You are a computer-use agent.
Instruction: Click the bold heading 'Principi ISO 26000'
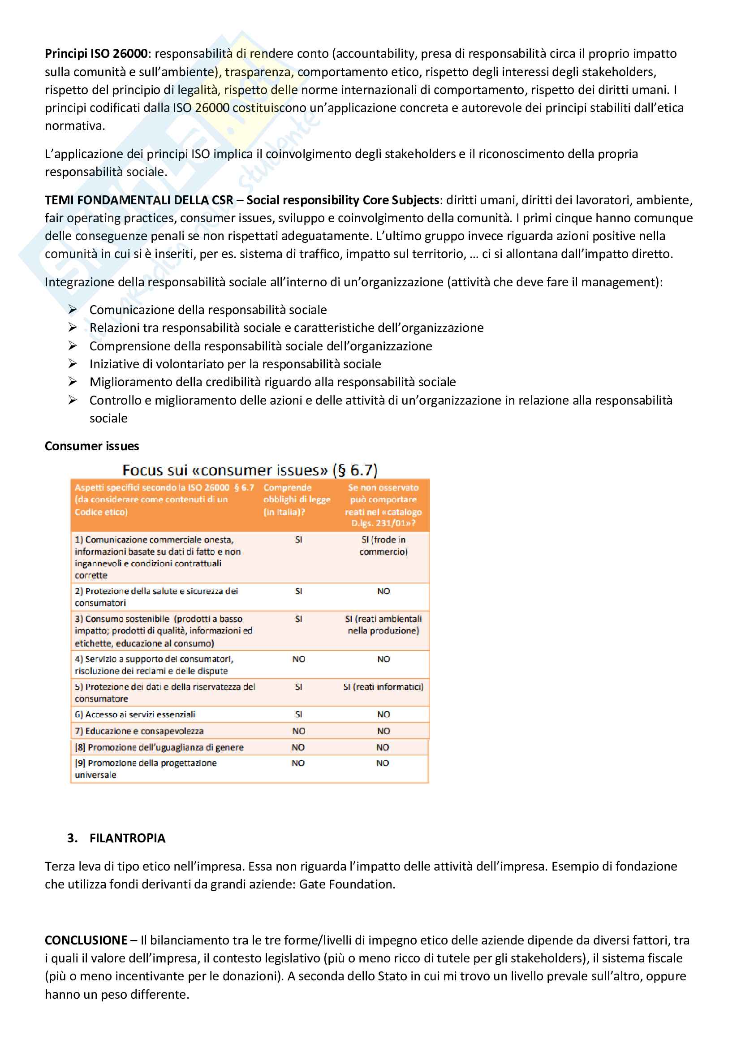(96, 54)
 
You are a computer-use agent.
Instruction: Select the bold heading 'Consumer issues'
(92, 446)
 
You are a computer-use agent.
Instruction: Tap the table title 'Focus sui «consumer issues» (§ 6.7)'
(250, 470)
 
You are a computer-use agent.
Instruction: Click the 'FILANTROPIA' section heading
(127, 838)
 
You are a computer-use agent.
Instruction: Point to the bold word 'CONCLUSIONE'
(86, 940)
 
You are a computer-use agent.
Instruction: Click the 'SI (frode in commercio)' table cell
(383, 545)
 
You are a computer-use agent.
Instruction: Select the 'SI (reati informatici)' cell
(383, 686)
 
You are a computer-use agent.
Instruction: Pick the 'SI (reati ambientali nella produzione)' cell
(383, 625)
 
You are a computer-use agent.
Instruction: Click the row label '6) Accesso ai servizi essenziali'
(135, 714)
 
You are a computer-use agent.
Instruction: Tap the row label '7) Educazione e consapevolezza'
(139, 731)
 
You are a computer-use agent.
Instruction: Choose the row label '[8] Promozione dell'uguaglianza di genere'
(159, 747)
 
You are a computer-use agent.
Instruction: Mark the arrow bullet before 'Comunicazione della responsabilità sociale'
(73, 310)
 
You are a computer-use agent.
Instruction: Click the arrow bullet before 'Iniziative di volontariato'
(73, 364)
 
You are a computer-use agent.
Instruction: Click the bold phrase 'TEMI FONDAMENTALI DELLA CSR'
(139, 200)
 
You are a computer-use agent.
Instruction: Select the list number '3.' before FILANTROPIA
(72, 838)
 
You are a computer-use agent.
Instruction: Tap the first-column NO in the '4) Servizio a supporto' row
(298, 659)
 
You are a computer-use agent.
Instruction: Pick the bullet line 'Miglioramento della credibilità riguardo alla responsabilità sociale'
(272, 382)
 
